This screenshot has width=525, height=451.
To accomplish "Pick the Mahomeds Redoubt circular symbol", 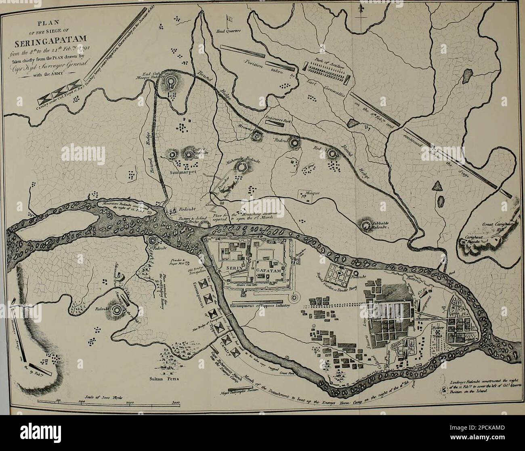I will click(x=241, y=167).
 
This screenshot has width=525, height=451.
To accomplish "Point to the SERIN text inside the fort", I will click(x=235, y=268).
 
